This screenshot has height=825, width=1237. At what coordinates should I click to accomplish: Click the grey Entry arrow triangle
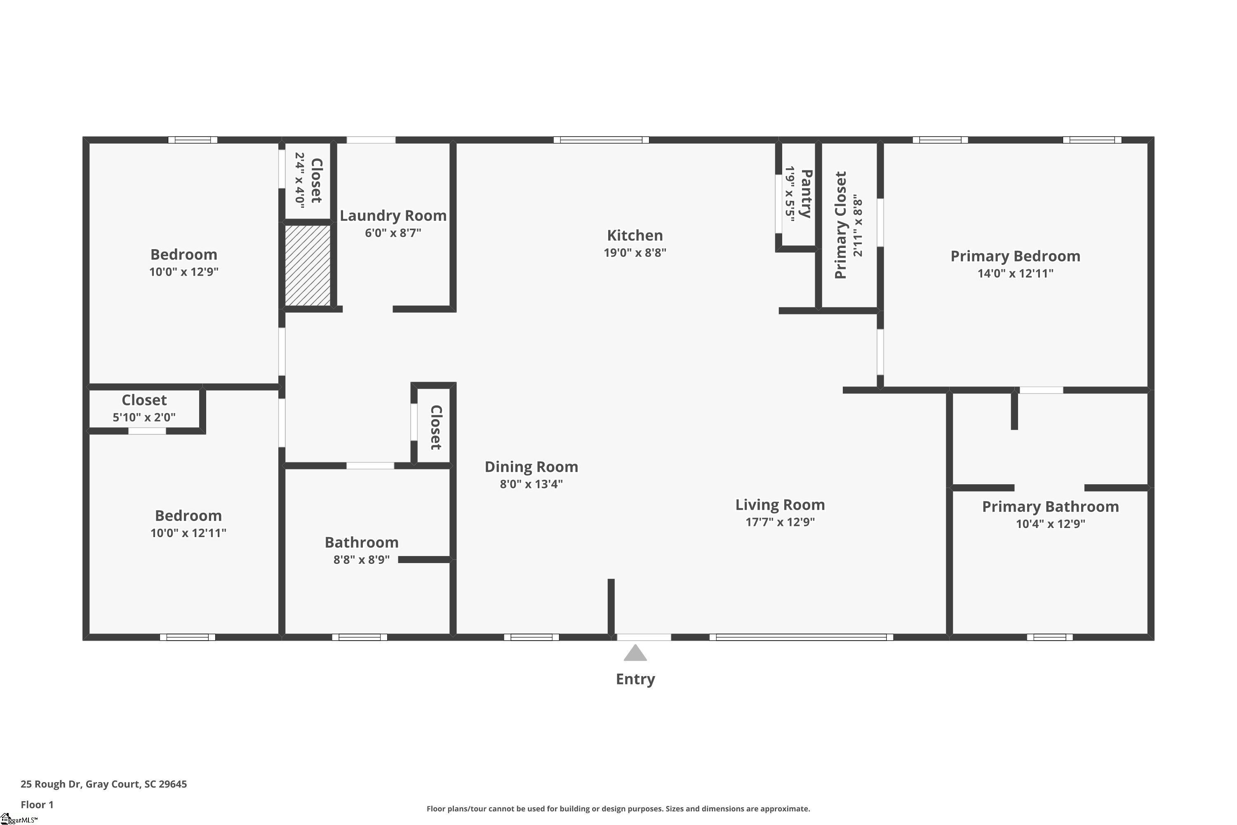pyautogui.click(x=635, y=653)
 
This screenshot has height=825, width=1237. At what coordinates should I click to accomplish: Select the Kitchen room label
pyautogui.click(x=635, y=235)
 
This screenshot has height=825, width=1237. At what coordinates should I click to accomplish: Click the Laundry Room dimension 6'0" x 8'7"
pyautogui.click(x=393, y=233)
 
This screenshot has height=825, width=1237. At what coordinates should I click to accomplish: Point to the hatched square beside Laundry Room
pyautogui.click(x=308, y=265)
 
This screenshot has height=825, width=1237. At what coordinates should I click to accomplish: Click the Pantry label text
pyautogui.click(x=806, y=193)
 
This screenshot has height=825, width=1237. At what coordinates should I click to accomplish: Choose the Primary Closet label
pyautogui.click(x=840, y=225)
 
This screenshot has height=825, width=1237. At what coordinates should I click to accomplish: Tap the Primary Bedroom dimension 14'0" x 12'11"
pyautogui.click(x=1015, y=273)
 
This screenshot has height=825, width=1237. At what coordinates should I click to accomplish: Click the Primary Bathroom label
pyautogui.click(x=1050, y=507)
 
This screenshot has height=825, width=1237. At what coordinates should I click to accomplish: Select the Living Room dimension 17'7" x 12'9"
pyautogui.click(x=780, y=522)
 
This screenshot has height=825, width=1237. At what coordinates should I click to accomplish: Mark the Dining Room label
pyautogui.click(x=531, y=467)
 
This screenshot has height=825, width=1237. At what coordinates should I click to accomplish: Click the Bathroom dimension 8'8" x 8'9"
pyautogui.click(x=361, y=559)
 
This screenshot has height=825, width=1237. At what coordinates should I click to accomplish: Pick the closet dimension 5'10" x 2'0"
pyautogui.click(x=144, y=417)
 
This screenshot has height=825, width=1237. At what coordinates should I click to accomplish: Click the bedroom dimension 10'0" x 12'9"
pyautogui.click(x=183, y=271)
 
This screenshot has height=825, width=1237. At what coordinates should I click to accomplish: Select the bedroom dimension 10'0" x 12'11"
pyautogui.click(x=188, y=533)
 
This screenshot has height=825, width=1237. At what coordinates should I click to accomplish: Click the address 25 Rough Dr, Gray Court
pyautogui.click(x=103, y=784)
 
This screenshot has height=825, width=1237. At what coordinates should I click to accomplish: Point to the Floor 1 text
pyautogui.click(x=37, y=804)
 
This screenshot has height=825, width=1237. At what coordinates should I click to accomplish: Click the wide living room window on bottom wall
pyautogui.click(x=801, y=637)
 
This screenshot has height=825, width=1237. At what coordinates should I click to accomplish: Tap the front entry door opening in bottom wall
pyautogui.click(x=644, y=637)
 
